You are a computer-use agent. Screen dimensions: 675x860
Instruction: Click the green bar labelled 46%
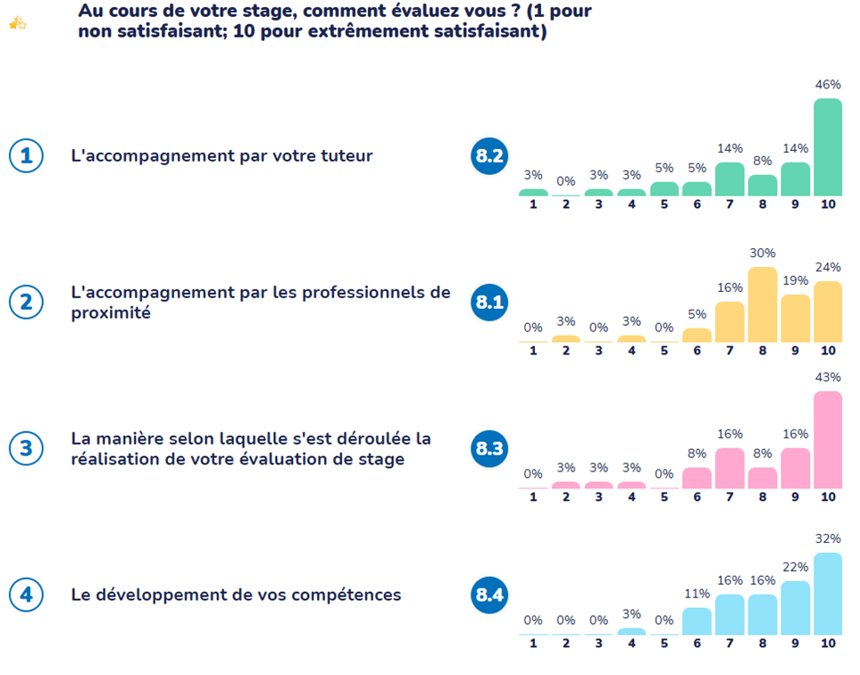828,147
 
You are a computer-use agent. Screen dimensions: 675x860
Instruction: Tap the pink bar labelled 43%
828,440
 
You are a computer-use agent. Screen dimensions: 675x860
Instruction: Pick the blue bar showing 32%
828,594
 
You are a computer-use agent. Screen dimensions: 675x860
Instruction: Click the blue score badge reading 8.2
488,156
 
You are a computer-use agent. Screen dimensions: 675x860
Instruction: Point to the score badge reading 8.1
488,303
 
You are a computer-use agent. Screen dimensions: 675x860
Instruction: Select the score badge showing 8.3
488,449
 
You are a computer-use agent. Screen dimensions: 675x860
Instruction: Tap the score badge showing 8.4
488,595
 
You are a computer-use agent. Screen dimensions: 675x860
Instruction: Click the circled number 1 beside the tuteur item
26,156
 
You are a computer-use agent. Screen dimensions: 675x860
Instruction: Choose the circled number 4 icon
26,595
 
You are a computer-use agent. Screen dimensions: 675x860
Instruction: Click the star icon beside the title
17,24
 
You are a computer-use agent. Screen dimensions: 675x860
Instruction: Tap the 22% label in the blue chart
795,566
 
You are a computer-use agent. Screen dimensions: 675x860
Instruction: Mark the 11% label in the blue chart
697,593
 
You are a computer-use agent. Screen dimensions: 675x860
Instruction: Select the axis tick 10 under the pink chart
828,496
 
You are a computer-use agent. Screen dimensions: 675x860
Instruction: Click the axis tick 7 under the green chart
730,204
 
